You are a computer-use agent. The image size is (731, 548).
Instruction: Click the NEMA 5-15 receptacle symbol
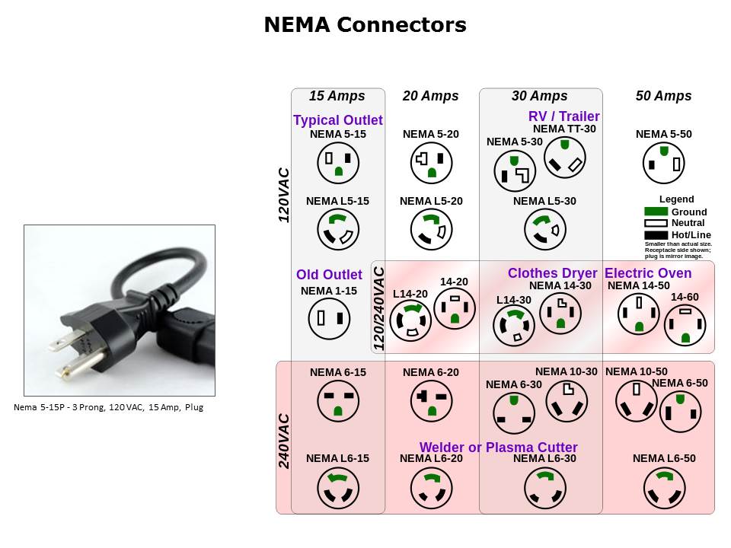[x=338, y=163]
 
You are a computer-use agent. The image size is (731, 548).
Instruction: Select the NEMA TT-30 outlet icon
[x=565, y=158]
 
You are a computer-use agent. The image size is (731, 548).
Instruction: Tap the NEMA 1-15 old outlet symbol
[x=329, y=319]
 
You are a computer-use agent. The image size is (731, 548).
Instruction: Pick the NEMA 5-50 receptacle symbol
[x=663, y=163]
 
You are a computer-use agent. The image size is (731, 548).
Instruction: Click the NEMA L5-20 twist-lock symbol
[x=431, y=229]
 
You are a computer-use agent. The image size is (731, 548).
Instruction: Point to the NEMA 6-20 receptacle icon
[x=431, y=400]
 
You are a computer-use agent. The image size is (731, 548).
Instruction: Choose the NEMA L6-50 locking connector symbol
[x=663, y=487]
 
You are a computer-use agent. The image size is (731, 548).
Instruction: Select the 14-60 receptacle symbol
[x=685, y=325]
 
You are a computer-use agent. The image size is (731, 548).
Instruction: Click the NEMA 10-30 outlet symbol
[x=567, y=400]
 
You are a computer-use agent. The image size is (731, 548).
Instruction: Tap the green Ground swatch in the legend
[x=656, y=212]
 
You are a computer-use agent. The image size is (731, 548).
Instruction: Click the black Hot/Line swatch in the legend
[x=656, y=234]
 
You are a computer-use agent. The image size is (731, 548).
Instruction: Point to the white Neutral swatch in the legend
[x=656, y=223]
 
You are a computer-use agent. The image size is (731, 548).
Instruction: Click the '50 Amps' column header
[x=663, y=96]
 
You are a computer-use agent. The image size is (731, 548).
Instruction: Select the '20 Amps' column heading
[x=430, y=96]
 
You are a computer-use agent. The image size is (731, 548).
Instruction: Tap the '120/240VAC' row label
[x=379, y=308]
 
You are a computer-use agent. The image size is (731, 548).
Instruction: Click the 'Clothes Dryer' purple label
[x=552, y=273]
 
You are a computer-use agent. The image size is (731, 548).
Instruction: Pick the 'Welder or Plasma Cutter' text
[x=498, y=448]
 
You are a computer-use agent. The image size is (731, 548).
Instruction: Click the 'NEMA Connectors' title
[x=365, y=25]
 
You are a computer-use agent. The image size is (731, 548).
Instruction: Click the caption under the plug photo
[x=108, y=407]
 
